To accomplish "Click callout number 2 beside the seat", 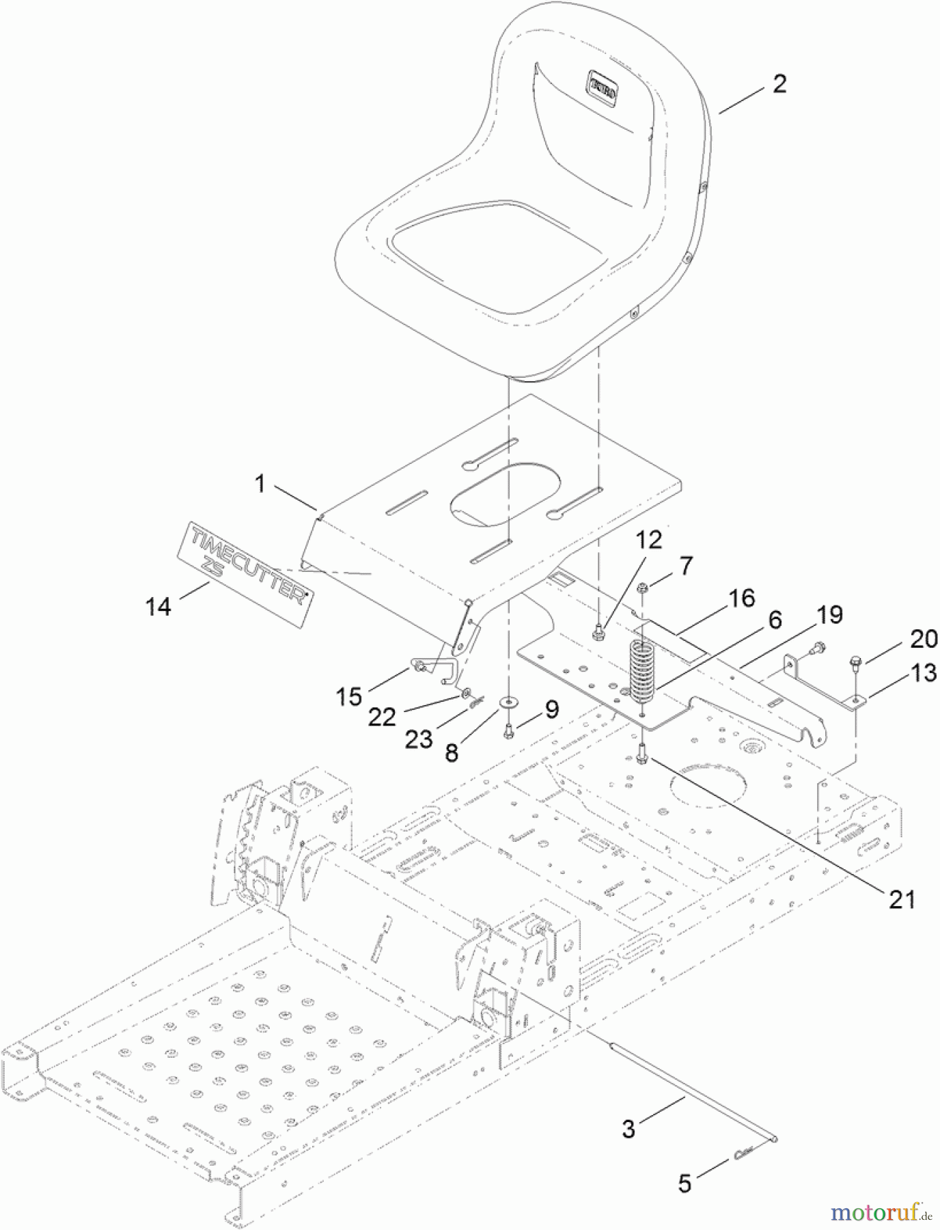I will (779, 84).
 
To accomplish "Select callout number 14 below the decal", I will (158, 605).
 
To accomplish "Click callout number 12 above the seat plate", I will (648, 540).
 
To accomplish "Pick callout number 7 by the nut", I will (685, 565).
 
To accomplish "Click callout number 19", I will (829, 615).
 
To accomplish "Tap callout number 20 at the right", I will (924, 639).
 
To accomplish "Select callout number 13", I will (924, 673).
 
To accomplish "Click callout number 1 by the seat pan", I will (260, 484).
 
